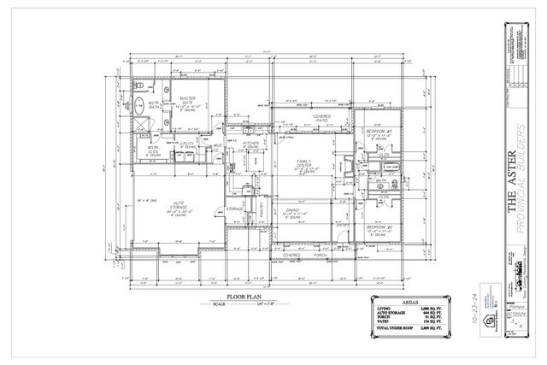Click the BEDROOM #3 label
378,132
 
